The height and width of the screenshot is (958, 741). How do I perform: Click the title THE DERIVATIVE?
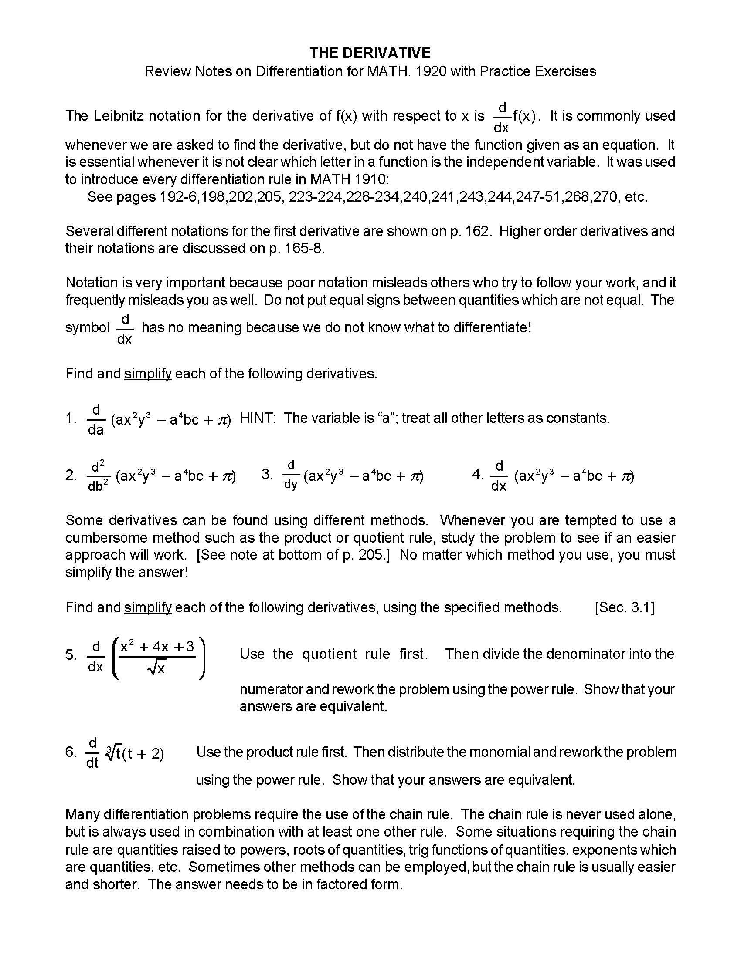pyautogui.click(x=370, y=53)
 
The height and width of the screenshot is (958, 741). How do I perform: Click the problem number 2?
pyautogui.click(x=70, y=475)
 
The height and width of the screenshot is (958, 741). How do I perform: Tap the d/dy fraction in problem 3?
pyautogui.click(x=291, y=475)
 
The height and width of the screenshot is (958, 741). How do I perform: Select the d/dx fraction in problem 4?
pyautogui.click(x=499, y=476)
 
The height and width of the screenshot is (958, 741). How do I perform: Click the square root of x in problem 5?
pyautogui.click(x=157, y=668)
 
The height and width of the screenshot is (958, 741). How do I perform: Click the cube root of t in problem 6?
pyautogui.click(x=113, y=753)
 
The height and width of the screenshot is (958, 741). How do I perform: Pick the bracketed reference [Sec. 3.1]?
pyautogui.click(x=624, y=607)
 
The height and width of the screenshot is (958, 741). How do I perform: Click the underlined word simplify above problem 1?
pyautogui.click(x=148, y=374)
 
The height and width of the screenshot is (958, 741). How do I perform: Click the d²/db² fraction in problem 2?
pyautogui.click(x=98, y=476)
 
